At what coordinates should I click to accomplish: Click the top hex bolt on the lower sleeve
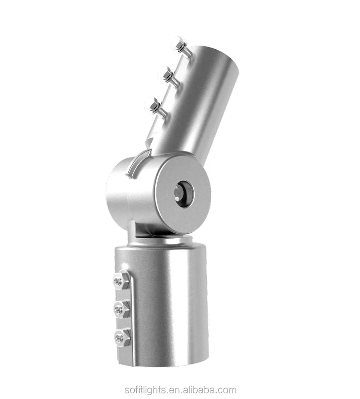pos(120,281)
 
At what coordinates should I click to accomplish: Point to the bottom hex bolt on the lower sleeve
pos(121,338)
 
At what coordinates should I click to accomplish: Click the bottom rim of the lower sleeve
pos(164,365)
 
